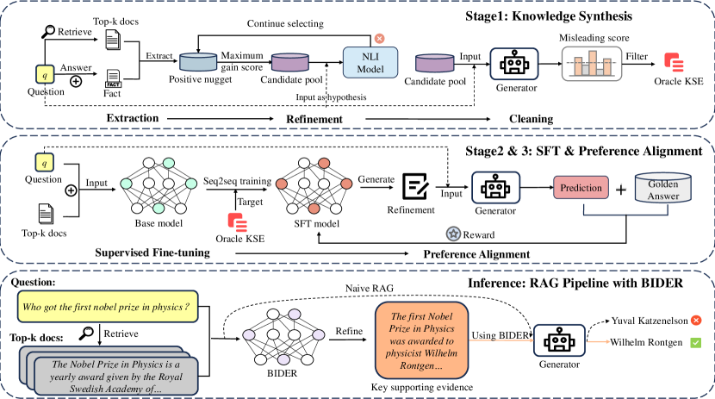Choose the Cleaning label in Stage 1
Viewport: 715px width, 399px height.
pyautogui.click(x=529, y=117)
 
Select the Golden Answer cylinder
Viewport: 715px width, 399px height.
pyautogui.click(x=662, y=187)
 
